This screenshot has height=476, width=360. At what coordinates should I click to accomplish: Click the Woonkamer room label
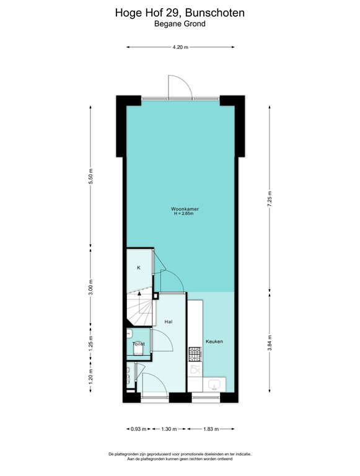point(180,209)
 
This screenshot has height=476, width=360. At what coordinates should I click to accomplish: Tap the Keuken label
point(214,342)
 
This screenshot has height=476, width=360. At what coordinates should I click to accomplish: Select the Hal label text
point(169,322)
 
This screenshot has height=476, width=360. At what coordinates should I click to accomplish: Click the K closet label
point(139,267)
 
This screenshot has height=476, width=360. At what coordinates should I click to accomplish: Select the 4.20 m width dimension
point(180,46)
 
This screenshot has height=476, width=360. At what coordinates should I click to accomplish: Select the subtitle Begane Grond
point(180,24)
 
